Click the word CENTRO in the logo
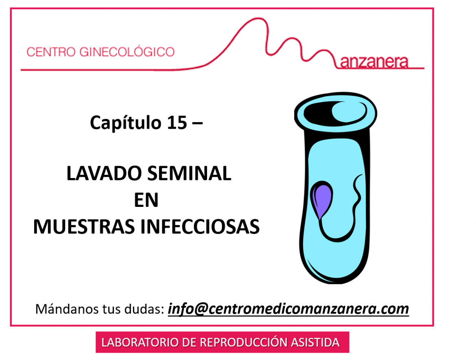click(x=51, y=52)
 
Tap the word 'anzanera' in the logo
click(x=374, y=62)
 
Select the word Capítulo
click(x=125, y=123)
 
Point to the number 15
click(x=177, y=123)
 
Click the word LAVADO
click(x=104, y=173)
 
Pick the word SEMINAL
click(x=190, y=173)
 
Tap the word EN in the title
click(x=146, y=200)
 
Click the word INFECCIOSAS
click(x=200, y=227)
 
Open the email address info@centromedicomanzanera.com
click(x=288, y=309)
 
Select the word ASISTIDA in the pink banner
click(x=315, y=342)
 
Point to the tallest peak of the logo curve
click(x=259, y=19)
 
